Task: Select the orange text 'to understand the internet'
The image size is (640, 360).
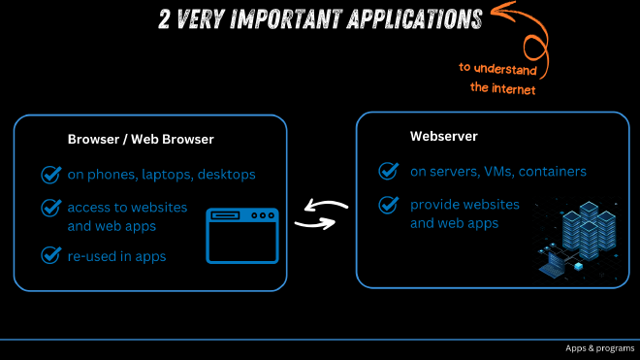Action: pyautogui.click(x=496, y=78)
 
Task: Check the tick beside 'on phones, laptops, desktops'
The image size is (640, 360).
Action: pyautogui.click(x=51, y=175)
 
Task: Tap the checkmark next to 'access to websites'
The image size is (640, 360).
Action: pyautogui.click(x=51, y=208)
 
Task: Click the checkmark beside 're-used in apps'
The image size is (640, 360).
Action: pyautogui.click(x=51, y=255)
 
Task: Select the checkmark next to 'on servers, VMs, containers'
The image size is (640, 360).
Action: pyautogui.click(x=389, y=172)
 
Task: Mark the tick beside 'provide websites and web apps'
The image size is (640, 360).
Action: pyautogui.click(x=389, y=205)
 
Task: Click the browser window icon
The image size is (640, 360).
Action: pyautogui.click(x=242, y=234)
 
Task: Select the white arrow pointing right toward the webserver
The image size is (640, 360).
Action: pyautogui.click(x=314, y=224)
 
